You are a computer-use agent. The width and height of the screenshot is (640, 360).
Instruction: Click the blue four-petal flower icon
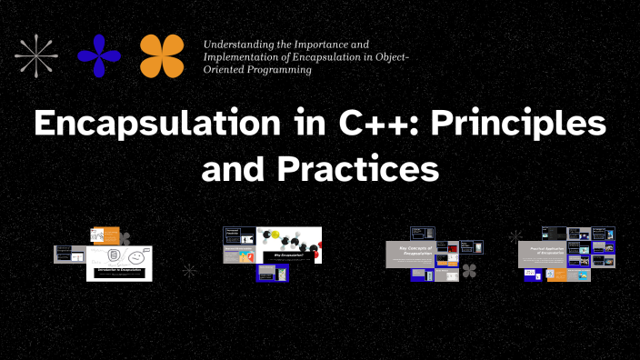tap(99, 55)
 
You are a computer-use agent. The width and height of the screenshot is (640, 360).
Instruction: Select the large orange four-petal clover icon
tap(162, 55)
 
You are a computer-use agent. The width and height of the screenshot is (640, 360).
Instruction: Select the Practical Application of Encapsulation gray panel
tap(543, 255)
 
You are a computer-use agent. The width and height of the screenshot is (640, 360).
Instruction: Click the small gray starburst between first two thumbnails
tap(189, 270)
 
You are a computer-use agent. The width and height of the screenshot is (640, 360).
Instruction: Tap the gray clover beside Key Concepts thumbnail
tap(470, 270)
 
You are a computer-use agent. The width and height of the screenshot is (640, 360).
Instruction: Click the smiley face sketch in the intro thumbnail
tap(135, 258)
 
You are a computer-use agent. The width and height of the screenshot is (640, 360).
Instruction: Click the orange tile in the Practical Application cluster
tap(556, 274)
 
